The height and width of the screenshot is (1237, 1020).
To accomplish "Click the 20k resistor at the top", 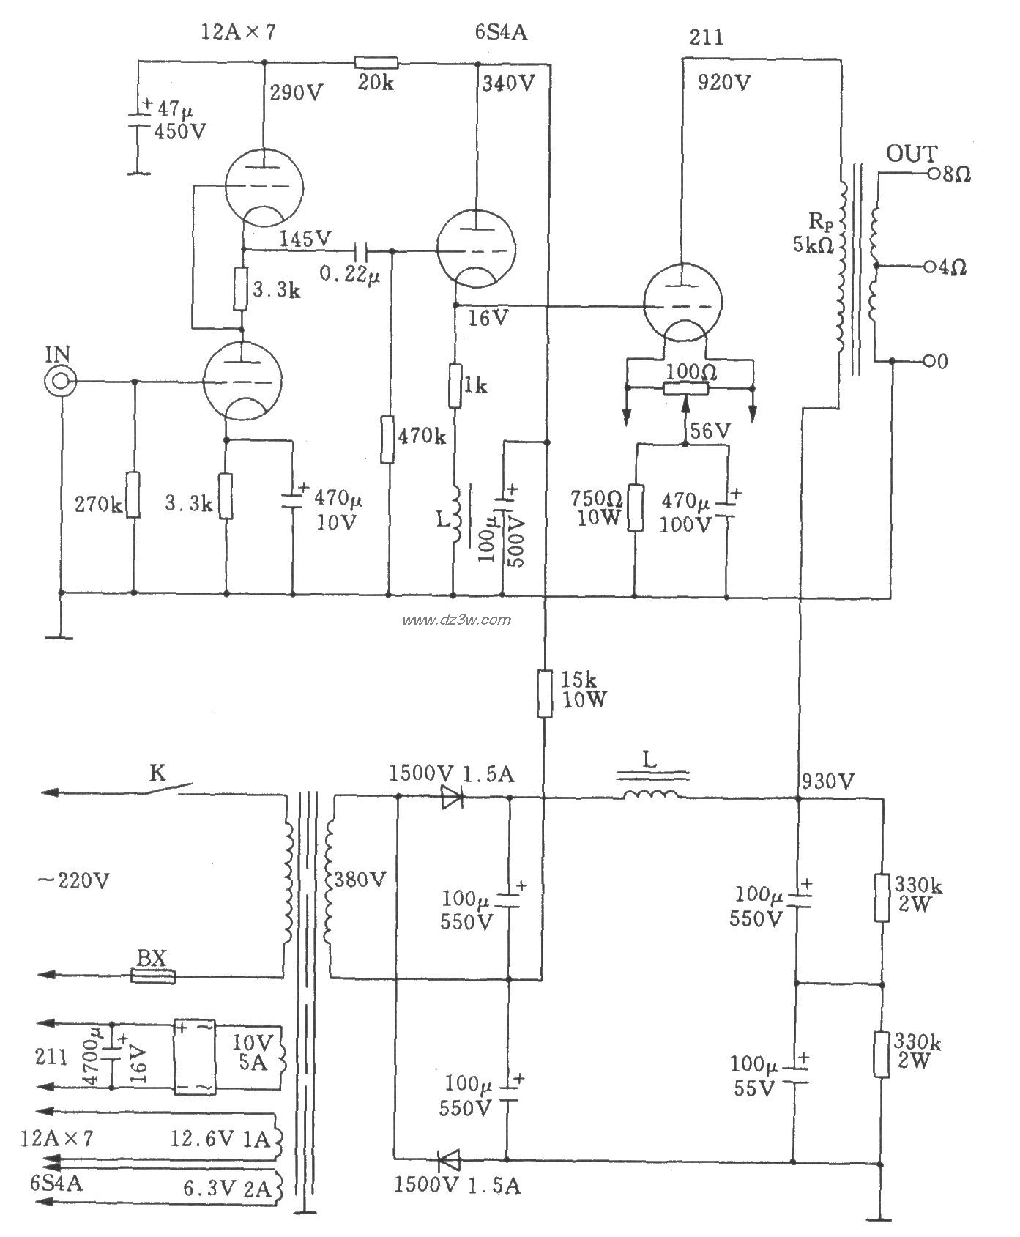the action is click(376, 62).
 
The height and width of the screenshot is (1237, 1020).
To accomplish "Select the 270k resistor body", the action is click(133, 494).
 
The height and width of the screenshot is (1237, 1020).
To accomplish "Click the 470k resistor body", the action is click(387, 439).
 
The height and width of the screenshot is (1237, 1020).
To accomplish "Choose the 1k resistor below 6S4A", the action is click(455, 385).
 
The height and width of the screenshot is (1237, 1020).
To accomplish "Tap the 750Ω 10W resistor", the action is click(634, 508).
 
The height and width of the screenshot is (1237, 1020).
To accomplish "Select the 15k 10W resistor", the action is click(545, 692).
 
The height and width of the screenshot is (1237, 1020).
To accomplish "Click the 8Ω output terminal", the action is click(933, 174).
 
